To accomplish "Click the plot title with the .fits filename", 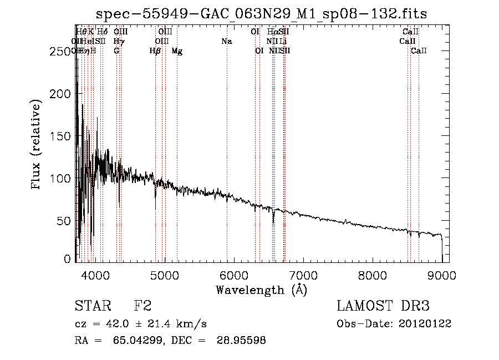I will pyautogui.click(x=261, y=14).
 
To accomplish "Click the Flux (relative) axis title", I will pyautogui.click(x=37, y=146).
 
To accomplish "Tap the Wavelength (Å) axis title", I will pyautogui.click(x=261, y=290).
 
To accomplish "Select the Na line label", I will pyautogui.click(x=226, y=42).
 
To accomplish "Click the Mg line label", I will pyautogui.click(x=177, y=51).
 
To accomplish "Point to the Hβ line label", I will pyautogui.click(x=155, y=51).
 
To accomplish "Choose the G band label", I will pyautogui.click(x=116, y=51).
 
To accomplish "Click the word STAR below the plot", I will pyautogui.click(x=92, y=306).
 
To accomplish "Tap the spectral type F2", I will pyautogui.click(x=142, y=306).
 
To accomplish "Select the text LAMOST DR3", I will pyautogui.click(x=383, y=306).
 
